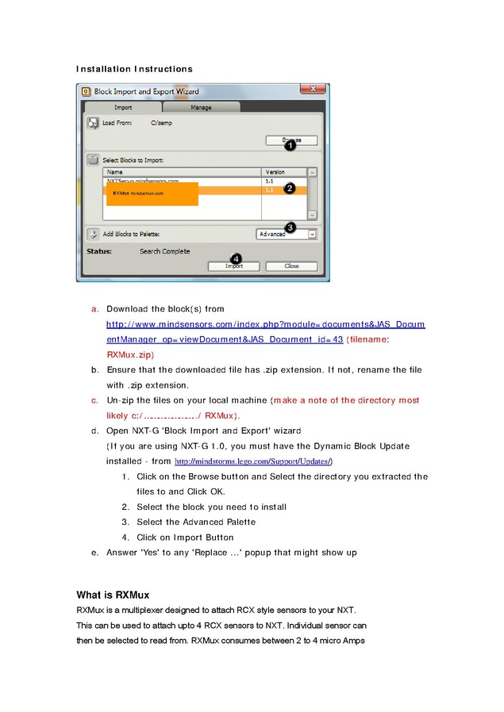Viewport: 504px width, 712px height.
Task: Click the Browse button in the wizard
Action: [291, 140]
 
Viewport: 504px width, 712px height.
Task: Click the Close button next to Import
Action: [291, 266]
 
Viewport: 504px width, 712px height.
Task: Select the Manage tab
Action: [201, 107]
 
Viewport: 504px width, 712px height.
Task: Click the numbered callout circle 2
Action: [290, 189]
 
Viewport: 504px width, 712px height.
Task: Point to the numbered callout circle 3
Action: [290, 228]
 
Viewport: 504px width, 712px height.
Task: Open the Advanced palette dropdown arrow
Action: [313, 234]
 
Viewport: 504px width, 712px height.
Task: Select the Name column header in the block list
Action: [115, 172]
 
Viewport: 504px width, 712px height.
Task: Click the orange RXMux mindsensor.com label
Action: [138, 193]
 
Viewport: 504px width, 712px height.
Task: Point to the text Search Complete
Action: [164, 251]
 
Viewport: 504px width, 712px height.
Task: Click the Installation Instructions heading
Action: [134, 69]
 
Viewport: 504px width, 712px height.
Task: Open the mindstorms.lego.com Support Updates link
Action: [253, 461]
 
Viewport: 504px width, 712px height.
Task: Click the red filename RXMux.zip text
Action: [130, 354]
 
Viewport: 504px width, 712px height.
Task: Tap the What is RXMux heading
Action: [113, 595]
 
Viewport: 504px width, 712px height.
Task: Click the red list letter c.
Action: [94, 400]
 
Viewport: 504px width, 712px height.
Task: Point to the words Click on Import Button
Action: [185, 538]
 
